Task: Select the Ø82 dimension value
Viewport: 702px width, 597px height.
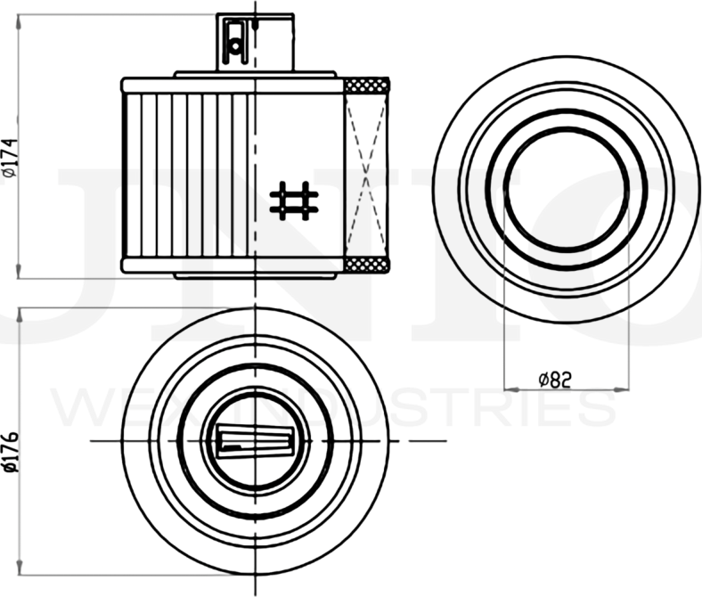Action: point(554,380)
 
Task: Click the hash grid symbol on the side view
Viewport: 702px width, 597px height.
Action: point(294,200)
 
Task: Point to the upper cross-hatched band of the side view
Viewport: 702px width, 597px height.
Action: point(367,86)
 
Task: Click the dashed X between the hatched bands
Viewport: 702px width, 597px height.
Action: point(367,175)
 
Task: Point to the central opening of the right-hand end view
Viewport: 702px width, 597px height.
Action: point(566,189)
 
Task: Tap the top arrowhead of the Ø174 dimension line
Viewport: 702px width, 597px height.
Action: point(20,20)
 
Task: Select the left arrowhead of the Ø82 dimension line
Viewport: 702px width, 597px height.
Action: point(509,389)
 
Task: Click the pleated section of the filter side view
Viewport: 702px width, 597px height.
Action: point(187,175)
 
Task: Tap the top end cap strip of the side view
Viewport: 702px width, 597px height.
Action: point(232,86)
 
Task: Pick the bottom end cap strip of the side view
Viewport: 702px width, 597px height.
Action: point(232,265)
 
